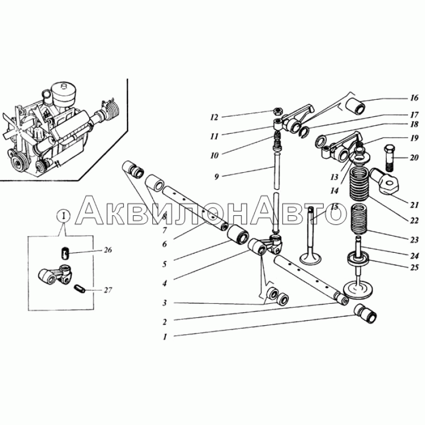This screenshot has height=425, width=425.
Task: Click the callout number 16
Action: coord(414,98)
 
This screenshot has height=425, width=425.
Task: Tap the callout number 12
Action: coord(214,117)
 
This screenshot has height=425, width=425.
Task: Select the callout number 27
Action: coord(108,290)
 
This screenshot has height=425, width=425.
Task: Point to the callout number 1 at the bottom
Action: coord(165,337)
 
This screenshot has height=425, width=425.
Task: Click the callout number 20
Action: coord(414,157)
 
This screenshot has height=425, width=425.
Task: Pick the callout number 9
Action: coord(216,177)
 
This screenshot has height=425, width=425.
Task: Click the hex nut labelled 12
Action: coord(277,110)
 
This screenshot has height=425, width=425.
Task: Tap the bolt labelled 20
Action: coord(389,158)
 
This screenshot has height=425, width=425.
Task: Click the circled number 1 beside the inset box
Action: coord(64,216)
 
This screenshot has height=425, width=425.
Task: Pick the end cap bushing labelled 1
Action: coord(365,313)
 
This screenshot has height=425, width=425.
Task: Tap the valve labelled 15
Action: coord(311,235)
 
